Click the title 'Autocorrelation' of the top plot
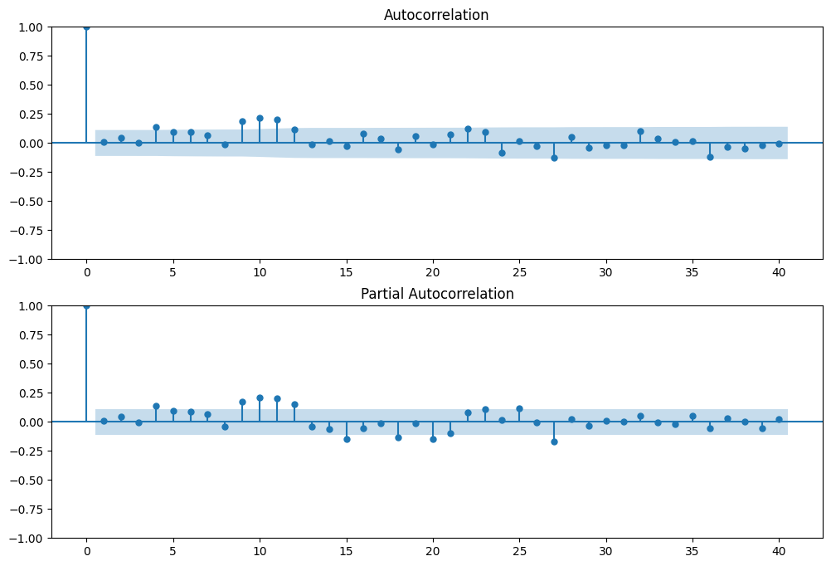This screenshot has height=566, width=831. pyautogui.click(x=436, y=15)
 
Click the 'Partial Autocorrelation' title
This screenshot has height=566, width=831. pyautogui.click(x=436, y=294)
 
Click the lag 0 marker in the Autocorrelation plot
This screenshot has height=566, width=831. pyautogui.click(x=86, y=27)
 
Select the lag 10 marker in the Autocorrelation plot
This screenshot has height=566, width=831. pyautogui.click(x=260, y=118)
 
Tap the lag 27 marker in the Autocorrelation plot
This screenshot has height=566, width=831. pyautogui.click(x=554, y=158)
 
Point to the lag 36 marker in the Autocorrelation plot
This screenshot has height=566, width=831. pyautogui.click(x=710, y=157)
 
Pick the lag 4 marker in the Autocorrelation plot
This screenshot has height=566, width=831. pyautogui.click(x=156, y=127)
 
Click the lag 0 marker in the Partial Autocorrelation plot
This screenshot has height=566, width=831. pyautogui.click(x=86, y=305)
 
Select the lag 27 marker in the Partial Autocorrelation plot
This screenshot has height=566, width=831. pyautogui.click(x=554, y=442)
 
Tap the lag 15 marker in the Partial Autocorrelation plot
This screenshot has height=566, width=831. pyautogui.click(x=347, y=439)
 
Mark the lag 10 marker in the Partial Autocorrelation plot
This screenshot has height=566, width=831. pyautogui.click(x=260, y=398)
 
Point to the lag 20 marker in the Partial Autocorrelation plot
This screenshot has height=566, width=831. pyautogui.click(x=433, y=439)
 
